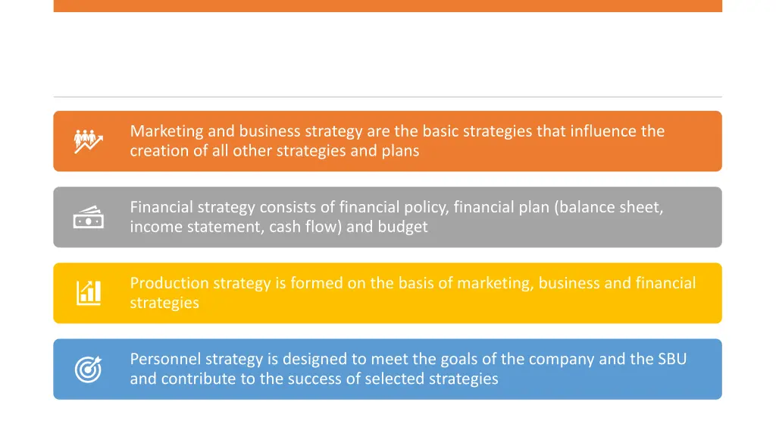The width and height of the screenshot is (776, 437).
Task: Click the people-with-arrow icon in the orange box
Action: pyautogui.click(x=88, y=141)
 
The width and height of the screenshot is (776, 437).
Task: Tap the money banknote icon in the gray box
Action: pyautogui.click(x=88, y=218)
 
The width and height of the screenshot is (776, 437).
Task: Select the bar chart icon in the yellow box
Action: pyautogui.click(x=88, y=293)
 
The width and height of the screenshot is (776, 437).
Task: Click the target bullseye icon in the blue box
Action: pyautogui.click(x=88, y=369)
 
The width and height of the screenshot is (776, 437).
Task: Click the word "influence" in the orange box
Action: pyautogui.click(x=602, y=131)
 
